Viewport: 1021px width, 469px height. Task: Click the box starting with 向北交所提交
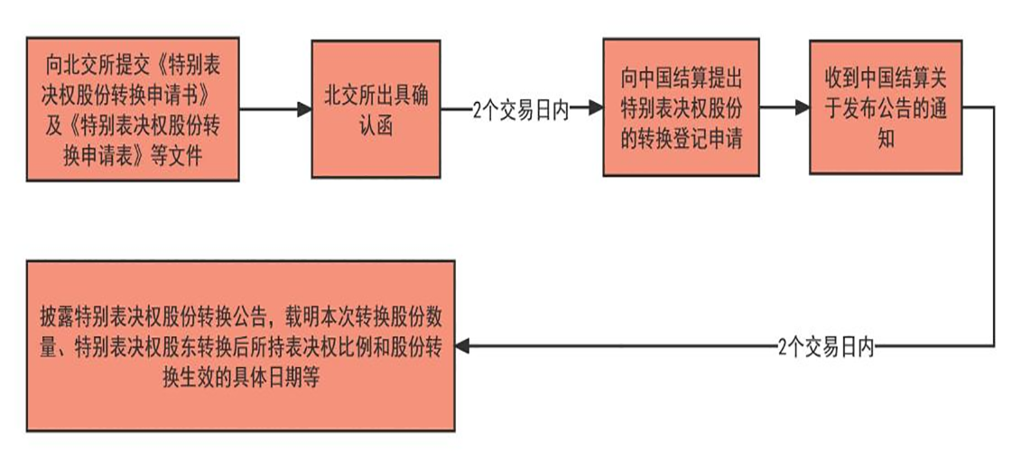[133, 109]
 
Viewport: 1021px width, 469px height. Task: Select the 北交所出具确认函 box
[376, 108]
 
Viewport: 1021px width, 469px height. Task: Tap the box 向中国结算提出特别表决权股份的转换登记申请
[681, 107]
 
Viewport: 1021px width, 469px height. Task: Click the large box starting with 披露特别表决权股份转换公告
[240, 345]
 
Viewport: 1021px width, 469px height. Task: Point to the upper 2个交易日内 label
[521, 108]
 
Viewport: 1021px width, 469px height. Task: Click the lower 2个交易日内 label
[825, 346]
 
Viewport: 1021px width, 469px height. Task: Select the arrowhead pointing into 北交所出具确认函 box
[304, 109]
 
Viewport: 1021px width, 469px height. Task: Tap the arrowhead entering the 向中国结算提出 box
[596, 108]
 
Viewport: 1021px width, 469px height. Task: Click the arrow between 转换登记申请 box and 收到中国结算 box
[784, 108]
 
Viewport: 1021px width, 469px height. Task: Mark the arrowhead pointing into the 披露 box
[463, 346]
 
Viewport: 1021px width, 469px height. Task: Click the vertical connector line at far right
[994, 225]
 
